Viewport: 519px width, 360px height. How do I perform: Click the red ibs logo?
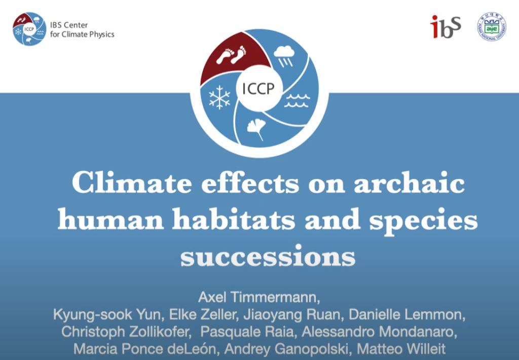coord(446,26)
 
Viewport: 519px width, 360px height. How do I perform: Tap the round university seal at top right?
coord(491,26)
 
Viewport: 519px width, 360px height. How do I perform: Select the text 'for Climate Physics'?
coord(82,34)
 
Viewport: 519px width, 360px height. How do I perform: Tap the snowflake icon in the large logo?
coord(219,97)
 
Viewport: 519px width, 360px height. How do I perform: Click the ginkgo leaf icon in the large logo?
coord(255,129)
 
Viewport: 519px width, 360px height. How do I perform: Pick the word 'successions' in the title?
coord(268,257)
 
